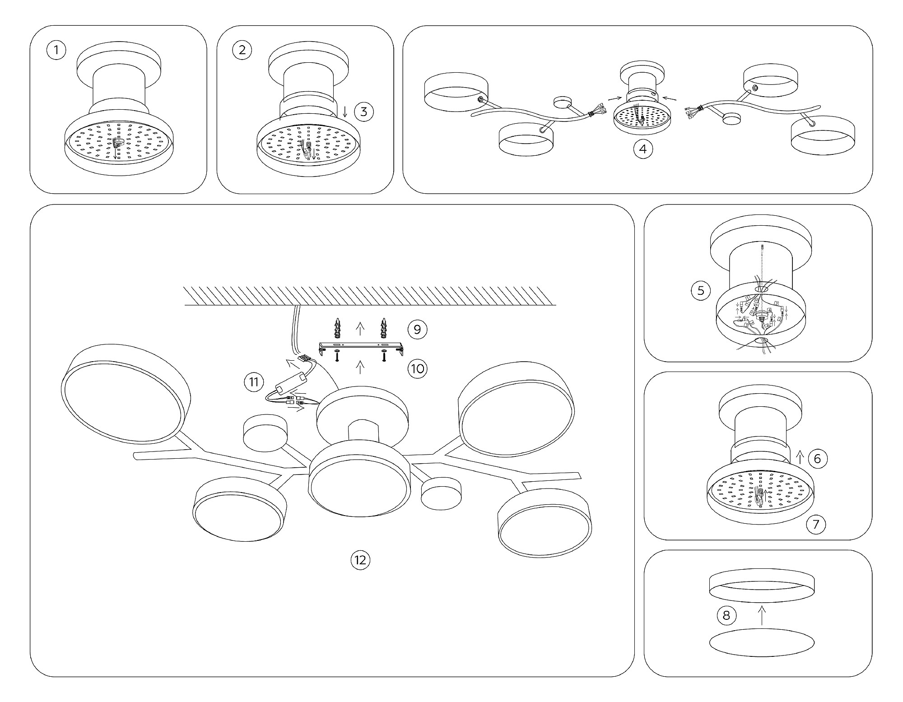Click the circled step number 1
coord(56,50)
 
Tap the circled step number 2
coord(242,50)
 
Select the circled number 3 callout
coord(364,112)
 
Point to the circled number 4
coord(643,149)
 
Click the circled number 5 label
coord(701,290)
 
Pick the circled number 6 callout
coord(817,459)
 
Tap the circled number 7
coord(816,525)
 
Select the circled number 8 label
coord(726,615)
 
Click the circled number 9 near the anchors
coord(417,330)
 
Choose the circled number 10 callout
coord(417,369)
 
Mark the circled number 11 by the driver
coord(254,382)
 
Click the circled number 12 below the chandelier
coord(360,560)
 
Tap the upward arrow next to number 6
coord(800,457)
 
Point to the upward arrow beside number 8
coord(762,615)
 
